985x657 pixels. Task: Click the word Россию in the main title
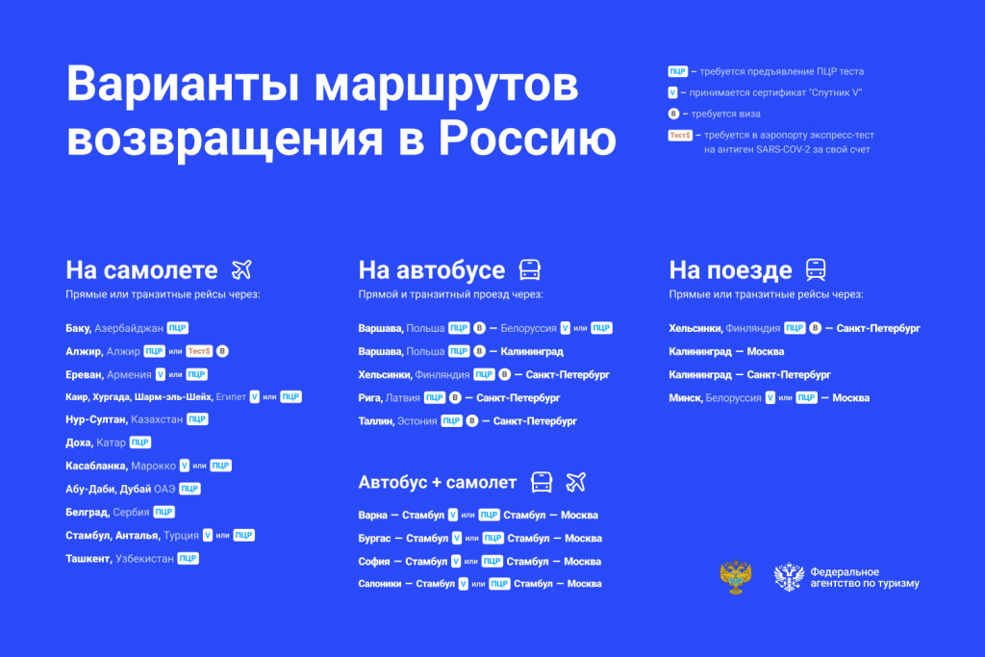(x=527, y=139)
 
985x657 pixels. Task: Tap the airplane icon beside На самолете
(x=241, y=270)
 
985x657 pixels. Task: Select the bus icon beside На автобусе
(x=530, y=270)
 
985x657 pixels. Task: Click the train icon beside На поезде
(x=816, y=270)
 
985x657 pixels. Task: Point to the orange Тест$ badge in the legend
(x=680, y=135)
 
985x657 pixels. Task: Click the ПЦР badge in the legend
(x=677, y=71)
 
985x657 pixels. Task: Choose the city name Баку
(x=78, y=328)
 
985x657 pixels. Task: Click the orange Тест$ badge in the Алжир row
(x=199, y=351)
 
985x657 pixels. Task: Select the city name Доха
(x=79, y=442)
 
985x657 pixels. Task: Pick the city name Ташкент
(x=88, y=558)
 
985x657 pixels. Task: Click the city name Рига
(x=370, y=397)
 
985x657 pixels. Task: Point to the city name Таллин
(x=376, y=420)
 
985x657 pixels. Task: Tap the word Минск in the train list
(x=685, y=397)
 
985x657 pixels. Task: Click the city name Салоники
(x=379, y=584)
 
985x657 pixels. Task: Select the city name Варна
(x=372, y=515)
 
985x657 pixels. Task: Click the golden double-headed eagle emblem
(x=736, y=577)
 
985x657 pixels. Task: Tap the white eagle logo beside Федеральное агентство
(x=789, y=576)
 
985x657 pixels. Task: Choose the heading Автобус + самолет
(x=438, y=482)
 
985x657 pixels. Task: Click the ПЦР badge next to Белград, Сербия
(x=164, y=512)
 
